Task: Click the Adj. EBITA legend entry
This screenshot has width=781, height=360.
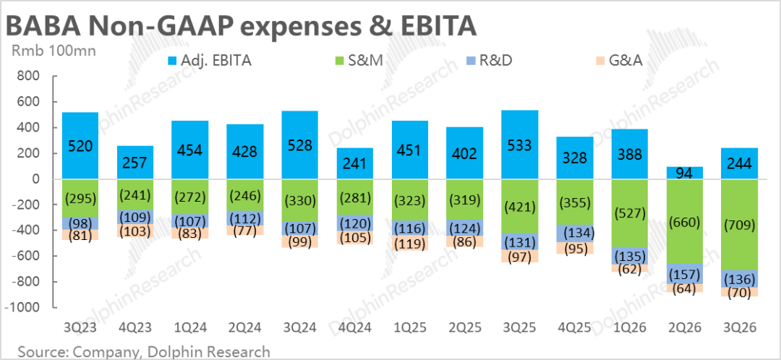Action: pos(210,61)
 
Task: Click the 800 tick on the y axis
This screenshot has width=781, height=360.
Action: pos(27,77)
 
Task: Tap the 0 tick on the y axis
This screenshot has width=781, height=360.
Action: pos(33,179)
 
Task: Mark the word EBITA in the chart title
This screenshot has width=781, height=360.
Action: pos(434,26)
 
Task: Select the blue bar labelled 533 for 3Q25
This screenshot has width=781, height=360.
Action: pos(520,145)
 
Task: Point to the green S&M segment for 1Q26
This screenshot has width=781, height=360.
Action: pos(631,213)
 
